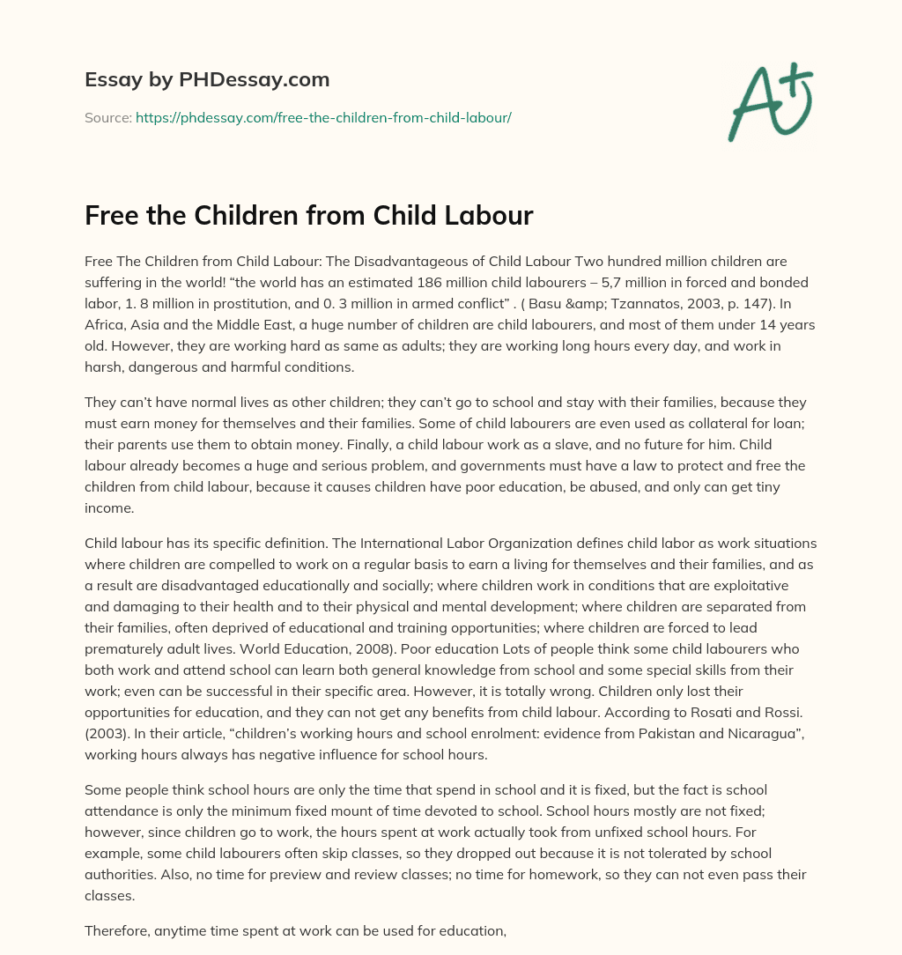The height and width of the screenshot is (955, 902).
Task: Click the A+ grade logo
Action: [x=769, y=101]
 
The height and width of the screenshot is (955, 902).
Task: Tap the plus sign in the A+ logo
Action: [x=797, y=80]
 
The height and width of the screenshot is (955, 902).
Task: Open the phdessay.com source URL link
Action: [x=323, y=117]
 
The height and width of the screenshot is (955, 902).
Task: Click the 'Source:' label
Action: [x=107, y=117]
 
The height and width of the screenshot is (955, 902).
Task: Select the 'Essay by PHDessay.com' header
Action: [x=207, y=79]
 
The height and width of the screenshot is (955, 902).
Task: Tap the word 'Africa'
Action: [x=105, y=324]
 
